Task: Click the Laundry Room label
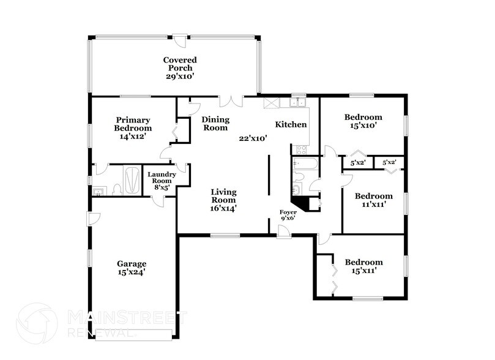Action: tap(162, 182)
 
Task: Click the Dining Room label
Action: tap(215, 124)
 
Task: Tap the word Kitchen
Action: tap(291, 124)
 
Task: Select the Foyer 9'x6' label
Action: tap(288, 215)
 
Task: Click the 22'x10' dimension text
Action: tap(253, 138)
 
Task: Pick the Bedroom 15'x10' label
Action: tap(363, 121)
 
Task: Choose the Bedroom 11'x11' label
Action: tap(374, 200)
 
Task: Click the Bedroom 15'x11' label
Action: tap(363, 266)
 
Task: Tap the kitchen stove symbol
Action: tap(301, 149)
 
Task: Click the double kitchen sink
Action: tap(298, 102)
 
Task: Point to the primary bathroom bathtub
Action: tap(132, 180)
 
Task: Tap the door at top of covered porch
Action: tap(180, 40)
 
